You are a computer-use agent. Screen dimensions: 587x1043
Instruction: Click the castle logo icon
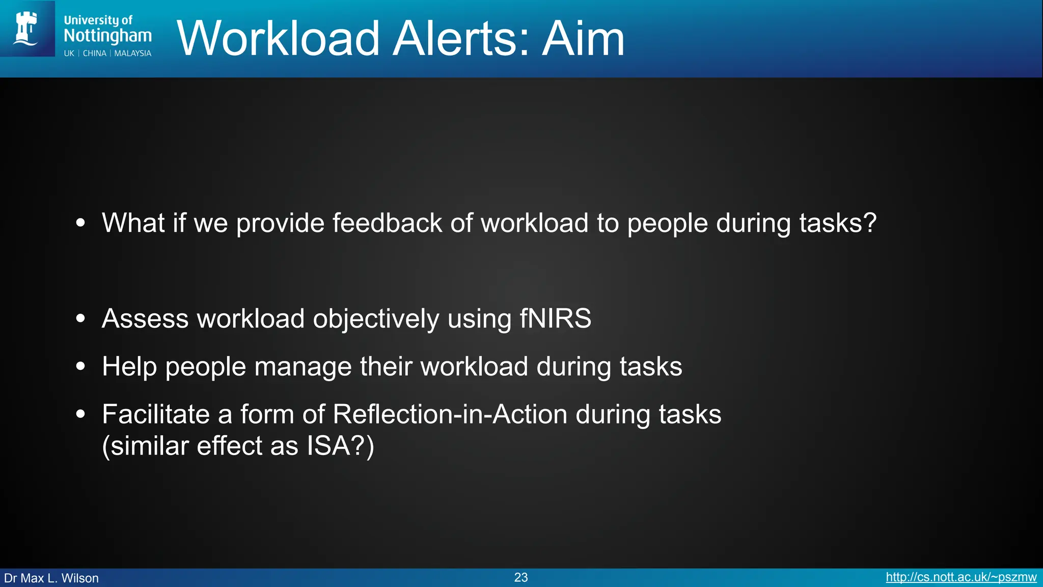pyautogui.click(x=26, y=29)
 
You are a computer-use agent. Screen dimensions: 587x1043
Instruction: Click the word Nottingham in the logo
pyautogui.click(x=107, y=36)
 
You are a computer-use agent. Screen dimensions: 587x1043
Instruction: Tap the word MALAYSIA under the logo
pyautogui.click(x=132, y=54)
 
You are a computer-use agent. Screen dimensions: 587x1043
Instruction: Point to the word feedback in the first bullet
pyautogui.click(x=387, y=223)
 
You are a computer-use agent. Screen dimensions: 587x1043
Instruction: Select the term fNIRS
pyautogui.click(x=555, y=319)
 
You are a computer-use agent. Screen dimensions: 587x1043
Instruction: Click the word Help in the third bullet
pyautogui.click(x=129, y=366)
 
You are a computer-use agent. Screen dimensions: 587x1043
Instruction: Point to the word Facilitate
pyautogui.click(x=155, y=414)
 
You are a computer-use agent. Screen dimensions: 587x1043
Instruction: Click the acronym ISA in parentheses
pyautogui.click(x=328, y=446)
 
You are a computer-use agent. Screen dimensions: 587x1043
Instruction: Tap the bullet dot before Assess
pyautogui.click(x=80, y=319)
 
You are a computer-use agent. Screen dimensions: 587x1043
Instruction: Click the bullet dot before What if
pyautogui.click(x=80, y=223)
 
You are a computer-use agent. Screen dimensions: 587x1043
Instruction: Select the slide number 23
pyautogui.click(x=520, y=577)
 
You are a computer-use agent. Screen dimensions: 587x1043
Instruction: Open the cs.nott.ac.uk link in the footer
pyautogui.click(x=960, y=577)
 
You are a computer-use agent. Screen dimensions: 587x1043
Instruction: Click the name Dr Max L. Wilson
pyautogui.click(x=51, y=578)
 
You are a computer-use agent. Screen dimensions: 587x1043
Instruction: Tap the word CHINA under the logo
pyautogui.click(x=95, y=54)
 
